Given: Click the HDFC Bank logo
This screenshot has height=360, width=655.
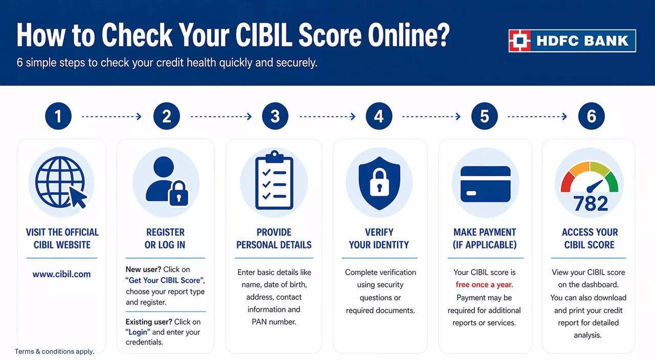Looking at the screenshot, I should pyautogui.click(x=572, y=41).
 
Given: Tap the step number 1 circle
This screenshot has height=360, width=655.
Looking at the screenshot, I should pyautogui.click(x=58, y=116).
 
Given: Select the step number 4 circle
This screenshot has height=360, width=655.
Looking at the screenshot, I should pyautogui.click(x=379, y=116).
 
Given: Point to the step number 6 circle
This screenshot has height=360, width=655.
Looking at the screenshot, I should pyautogui.click(x=591, y=116).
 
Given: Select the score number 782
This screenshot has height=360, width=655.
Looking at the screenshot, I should pyautogui.click(x=591, y=204).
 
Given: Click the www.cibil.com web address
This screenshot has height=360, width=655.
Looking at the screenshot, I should pyautogui.click(x=61, y=274).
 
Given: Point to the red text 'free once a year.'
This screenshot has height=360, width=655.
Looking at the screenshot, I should pyautogui.click(x=484, y=285).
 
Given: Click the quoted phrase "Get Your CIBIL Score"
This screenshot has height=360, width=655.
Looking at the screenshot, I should pyautogui.click(x=165, y=280).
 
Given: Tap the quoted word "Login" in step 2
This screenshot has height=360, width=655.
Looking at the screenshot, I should pyautogui.click(x=138, y=332).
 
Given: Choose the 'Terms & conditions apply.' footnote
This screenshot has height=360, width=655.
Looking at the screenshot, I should pyautogui.click(x=55, y=351).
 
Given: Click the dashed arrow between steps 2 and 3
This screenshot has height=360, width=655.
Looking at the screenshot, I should pyautogui.click(x=221, y=117).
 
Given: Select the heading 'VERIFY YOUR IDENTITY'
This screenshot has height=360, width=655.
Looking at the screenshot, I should pyautogui.click(x=379, y=238).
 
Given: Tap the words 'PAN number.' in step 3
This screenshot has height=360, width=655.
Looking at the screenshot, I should pyautogui.click(x=274, y=322).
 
